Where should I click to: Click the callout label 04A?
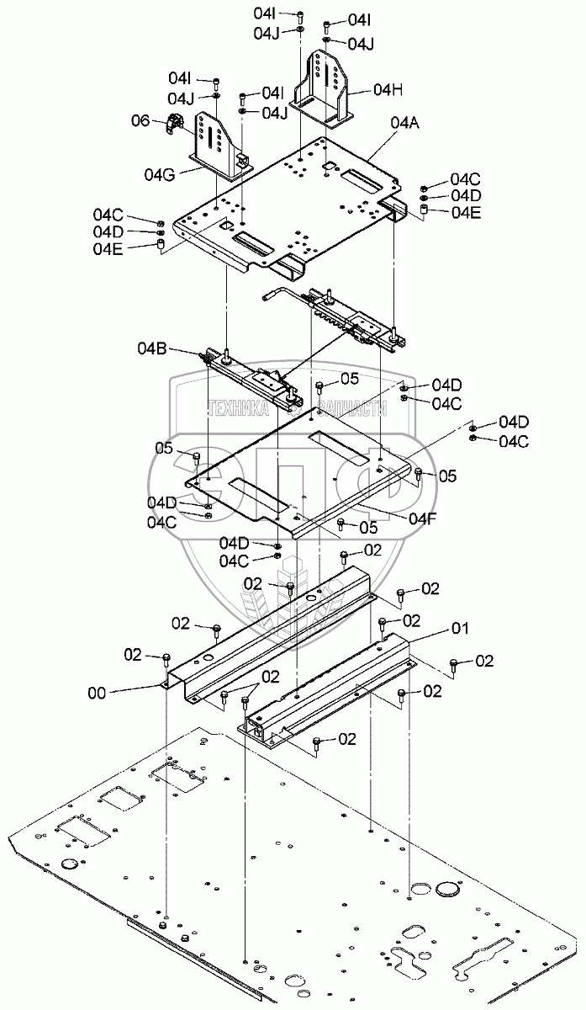click(406, 123)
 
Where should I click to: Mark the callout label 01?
click(462, 627)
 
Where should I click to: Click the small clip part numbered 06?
click(174, 125)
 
